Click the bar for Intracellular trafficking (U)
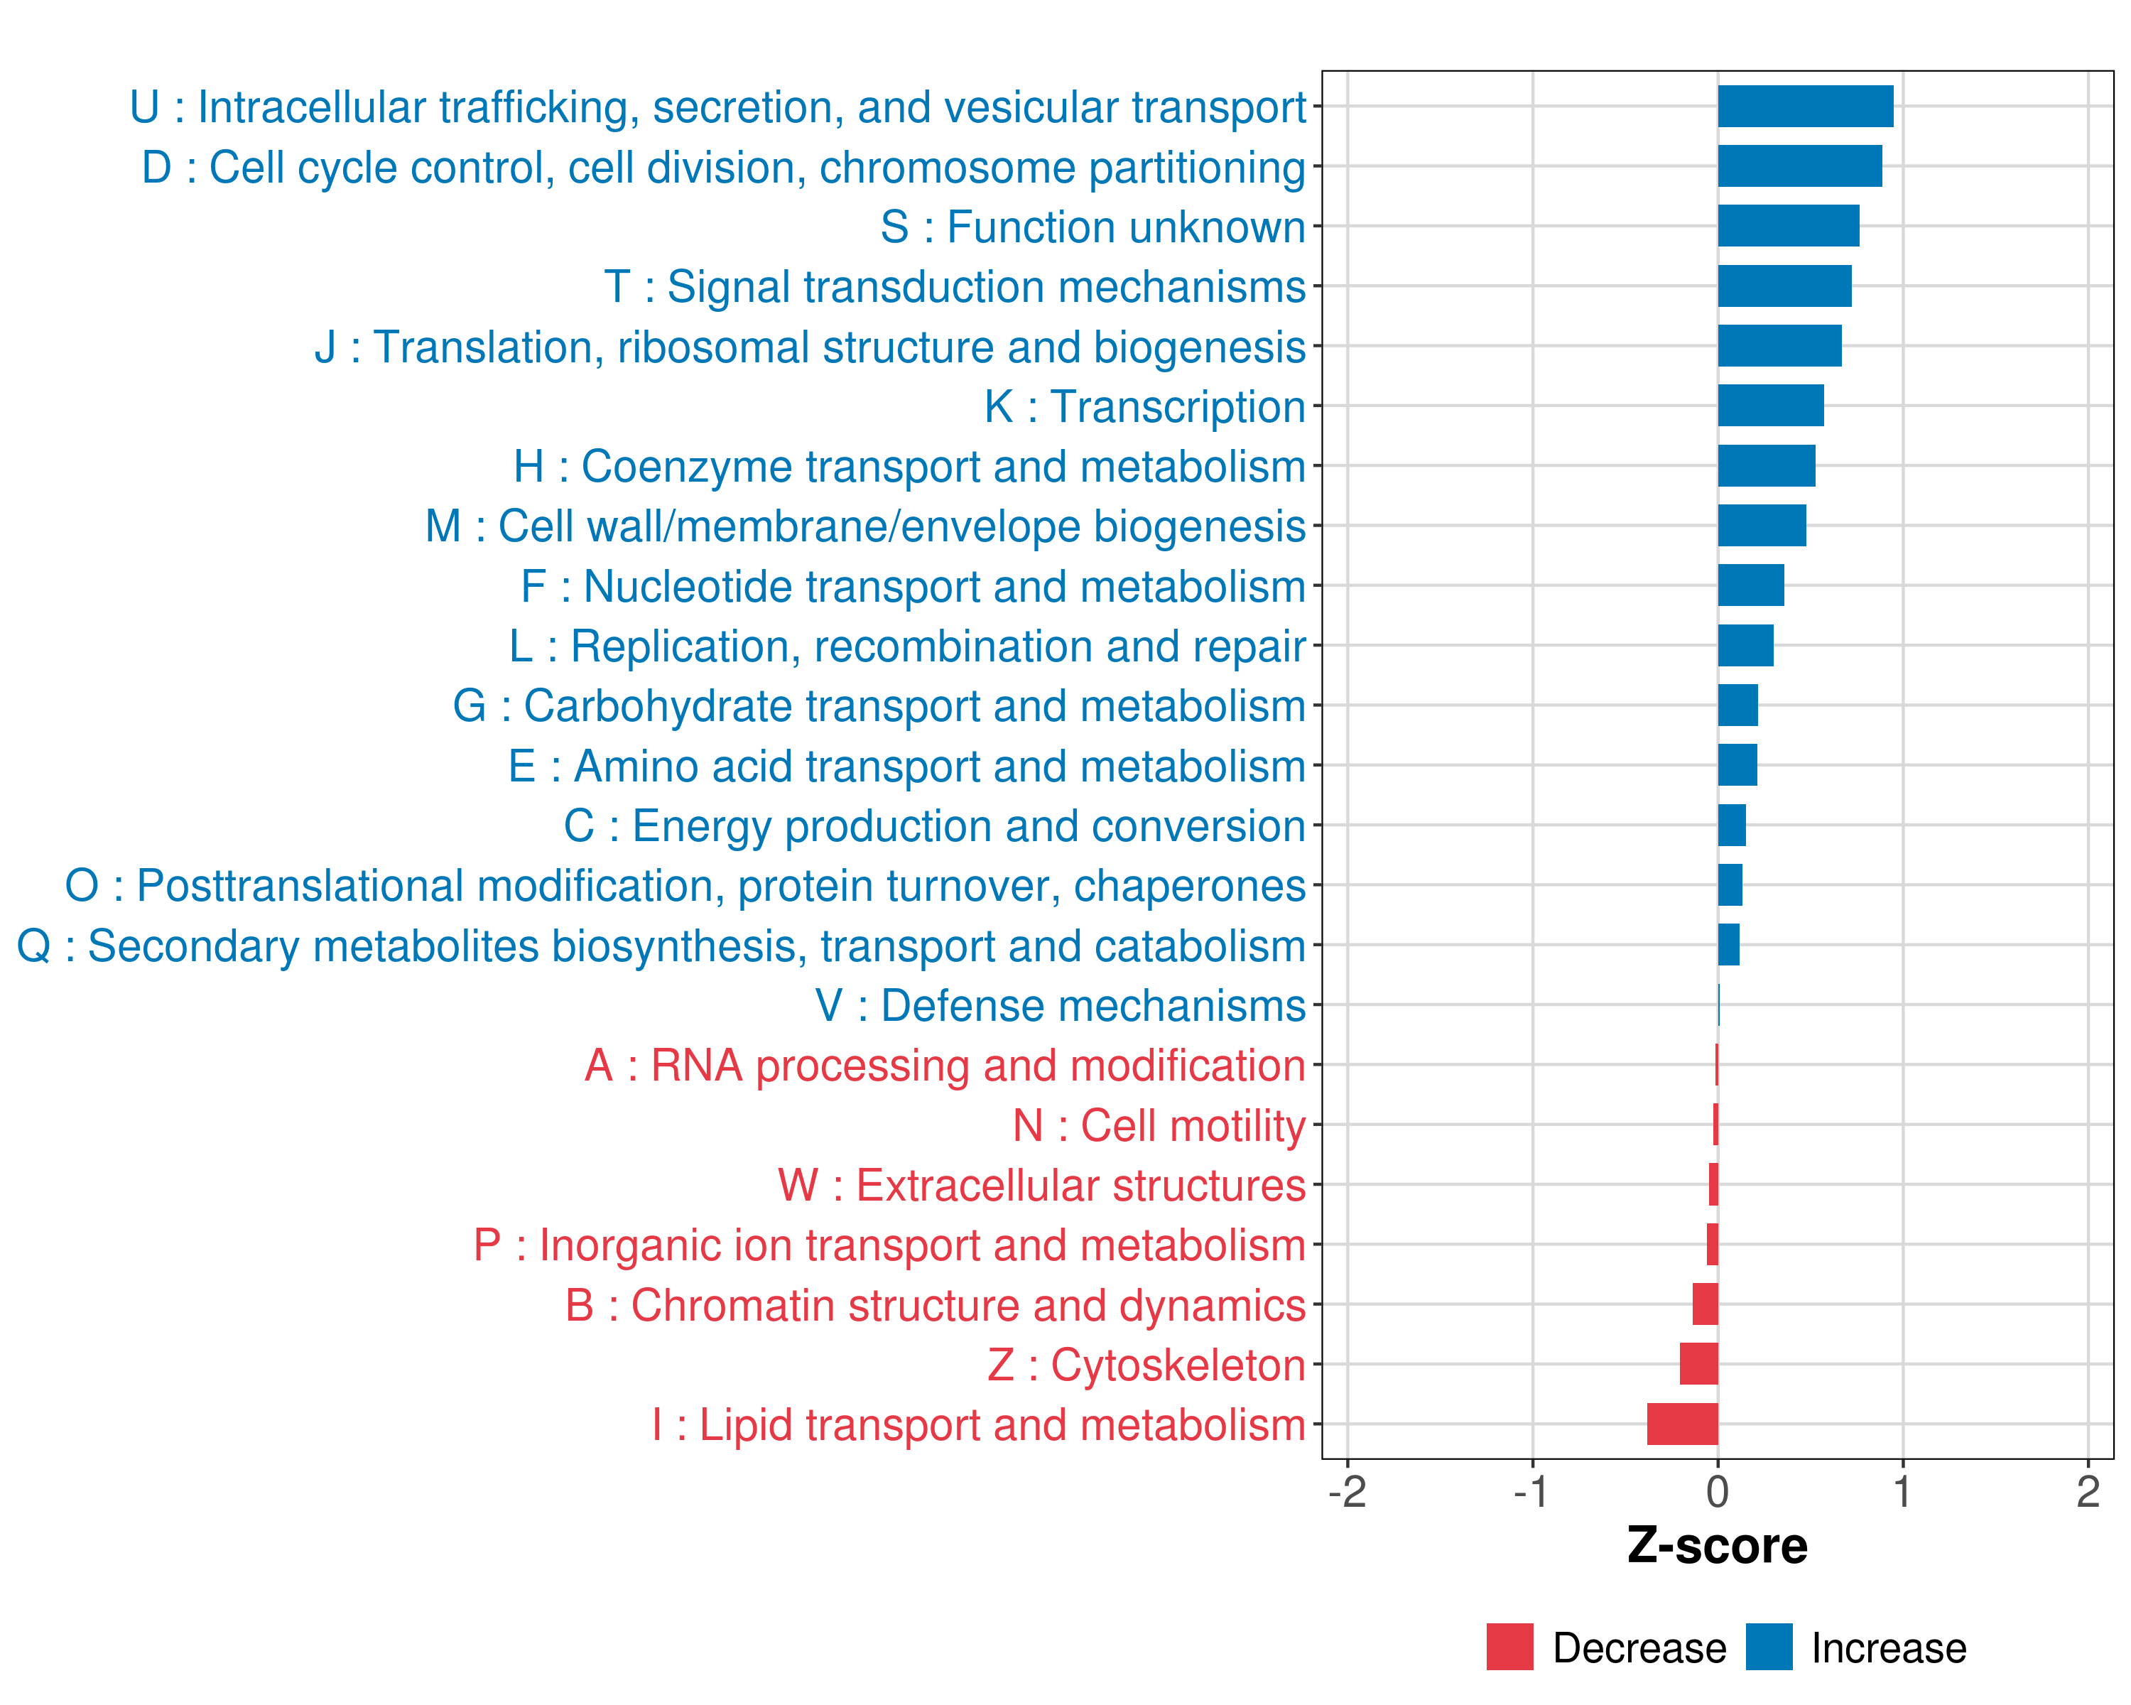pos(1805,107)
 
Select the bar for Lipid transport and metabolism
pos(1682,1424)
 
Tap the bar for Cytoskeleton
pos(1698,1364)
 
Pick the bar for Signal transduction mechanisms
pos(1784,286)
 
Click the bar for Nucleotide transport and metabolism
pos(1750,585)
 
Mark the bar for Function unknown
pos(1788,227)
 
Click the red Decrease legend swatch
pos(1509,1647)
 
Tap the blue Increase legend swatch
pos(1768,1647)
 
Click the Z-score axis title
pos(1717,1546)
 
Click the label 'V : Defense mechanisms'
pos(1060,1006)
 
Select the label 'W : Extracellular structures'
pos(1042,1185)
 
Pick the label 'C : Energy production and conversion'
pos(934,826)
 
